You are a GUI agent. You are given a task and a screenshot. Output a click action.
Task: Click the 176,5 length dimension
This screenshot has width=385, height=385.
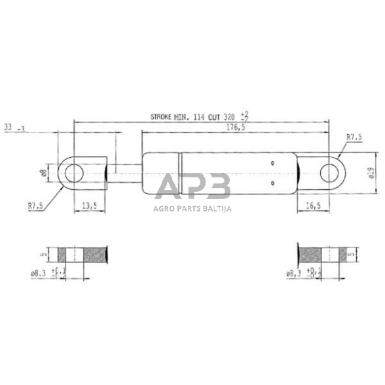click(236, 128)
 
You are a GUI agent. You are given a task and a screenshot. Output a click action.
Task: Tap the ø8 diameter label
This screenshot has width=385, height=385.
click(43, 173)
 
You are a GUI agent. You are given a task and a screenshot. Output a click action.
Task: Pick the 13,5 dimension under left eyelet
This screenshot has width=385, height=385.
click(89, 206)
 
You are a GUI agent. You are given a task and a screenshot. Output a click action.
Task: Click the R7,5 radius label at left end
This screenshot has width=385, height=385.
click(35, 206)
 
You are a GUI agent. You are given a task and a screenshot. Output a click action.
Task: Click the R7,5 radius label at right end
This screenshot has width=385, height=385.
click(354, 137)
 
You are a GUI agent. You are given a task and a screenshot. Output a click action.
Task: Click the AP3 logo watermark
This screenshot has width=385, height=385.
click(193, 187)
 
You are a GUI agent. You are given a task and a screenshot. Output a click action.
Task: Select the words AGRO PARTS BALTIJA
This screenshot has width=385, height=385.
click(193, 210)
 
